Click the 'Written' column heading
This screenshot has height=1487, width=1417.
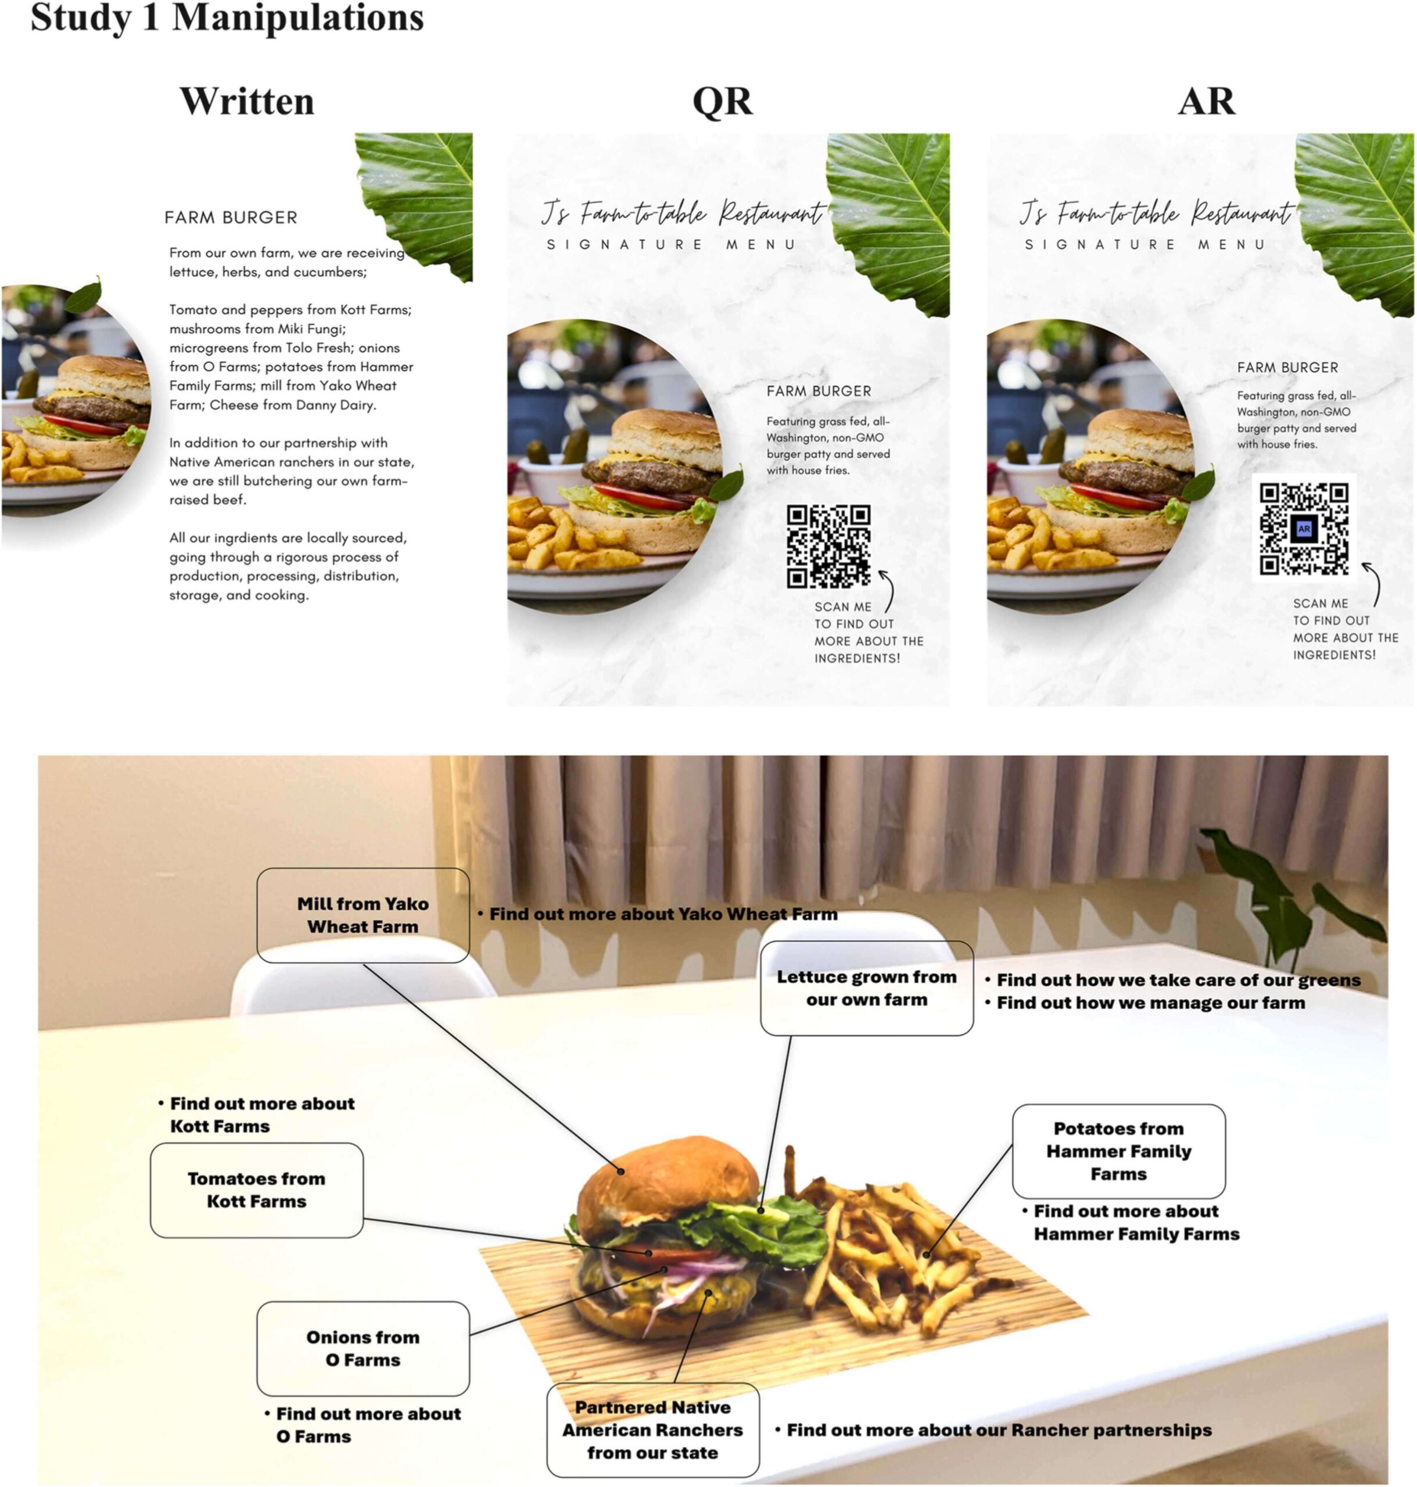click(247, 101)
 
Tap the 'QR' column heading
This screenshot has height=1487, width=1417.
click(722, 101)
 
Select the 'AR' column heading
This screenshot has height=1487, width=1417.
click(1206, 101)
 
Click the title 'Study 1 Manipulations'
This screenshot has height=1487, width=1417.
click(227, 17)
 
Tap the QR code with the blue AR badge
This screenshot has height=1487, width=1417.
click(1304, 529)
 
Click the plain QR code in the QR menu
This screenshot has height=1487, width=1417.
click(828, 546)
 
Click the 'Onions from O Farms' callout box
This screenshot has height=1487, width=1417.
click(363, 1348)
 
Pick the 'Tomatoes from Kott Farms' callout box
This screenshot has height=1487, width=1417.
click(257, 1190)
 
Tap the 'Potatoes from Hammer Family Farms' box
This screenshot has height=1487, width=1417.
click(1118, 1151)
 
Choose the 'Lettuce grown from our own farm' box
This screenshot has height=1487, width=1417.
click(866, 988)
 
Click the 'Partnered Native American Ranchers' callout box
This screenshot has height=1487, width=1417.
click(652, 1429)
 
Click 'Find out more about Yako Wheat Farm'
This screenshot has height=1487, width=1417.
click(658, 914)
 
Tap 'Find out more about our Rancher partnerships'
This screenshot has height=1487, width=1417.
click(993, 1429)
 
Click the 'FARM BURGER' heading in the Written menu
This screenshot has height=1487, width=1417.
click(231, 217)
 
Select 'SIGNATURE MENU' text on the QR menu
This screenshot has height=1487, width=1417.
click(670, 245)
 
